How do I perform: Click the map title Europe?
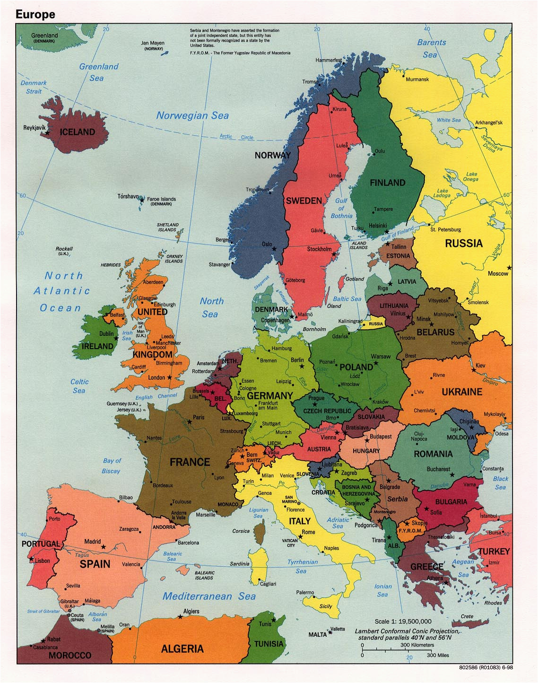35,14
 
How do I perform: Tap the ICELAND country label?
77,132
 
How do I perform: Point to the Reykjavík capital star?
47,134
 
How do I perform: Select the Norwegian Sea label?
192,115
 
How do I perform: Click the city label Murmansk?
417,79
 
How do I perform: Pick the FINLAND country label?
387,183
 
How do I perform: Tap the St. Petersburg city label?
445,230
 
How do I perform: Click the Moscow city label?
498,273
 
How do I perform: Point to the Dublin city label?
106,333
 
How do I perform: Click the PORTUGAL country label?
41,544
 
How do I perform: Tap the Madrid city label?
93,542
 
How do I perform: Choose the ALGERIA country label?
182,648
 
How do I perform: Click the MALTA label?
317,634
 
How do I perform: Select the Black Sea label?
500,483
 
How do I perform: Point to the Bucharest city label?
438,469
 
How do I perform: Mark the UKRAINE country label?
462,392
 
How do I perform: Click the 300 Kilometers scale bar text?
417,645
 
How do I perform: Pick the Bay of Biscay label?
112,466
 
